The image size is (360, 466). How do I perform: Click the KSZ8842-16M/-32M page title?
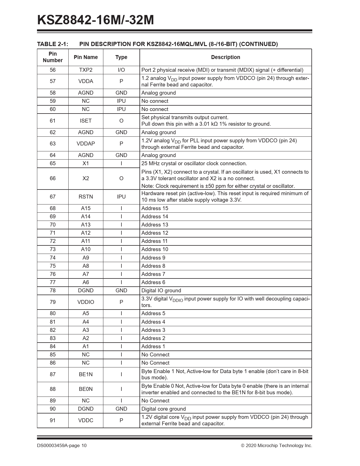[x=95, y=20]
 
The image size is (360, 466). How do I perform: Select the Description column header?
[x=225, y=57]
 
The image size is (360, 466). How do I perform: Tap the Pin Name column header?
[x=86, y=57]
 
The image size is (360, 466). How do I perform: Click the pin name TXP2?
[x=86, y=70]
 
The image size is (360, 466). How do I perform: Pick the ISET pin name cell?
[x=86, y=121]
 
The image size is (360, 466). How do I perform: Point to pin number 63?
[x=53, y=144]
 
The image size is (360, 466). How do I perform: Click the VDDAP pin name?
[x=86, y=144]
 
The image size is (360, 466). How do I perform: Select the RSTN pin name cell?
[x=86, y=197]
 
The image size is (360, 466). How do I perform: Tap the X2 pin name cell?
[x=86, y=178]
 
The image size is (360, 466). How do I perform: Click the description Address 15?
[x=155, y=208]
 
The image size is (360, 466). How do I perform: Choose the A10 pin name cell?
[x=86, y=249]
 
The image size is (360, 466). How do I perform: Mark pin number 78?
[x=53, y=291]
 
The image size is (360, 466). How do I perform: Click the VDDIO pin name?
[x=86, y=302]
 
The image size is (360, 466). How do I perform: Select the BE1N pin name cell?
[x=86, y=374]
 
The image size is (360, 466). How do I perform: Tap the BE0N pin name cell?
[x=86, y=389]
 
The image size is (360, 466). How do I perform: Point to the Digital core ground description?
[x=163, y=409]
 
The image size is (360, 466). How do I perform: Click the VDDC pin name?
[x=86, y=421]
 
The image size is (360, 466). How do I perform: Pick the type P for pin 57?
[x=121, y=81]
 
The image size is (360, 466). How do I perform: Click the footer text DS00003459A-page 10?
[x=62, y=446]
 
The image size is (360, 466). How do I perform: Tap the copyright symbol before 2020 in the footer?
[x=243, y=446]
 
